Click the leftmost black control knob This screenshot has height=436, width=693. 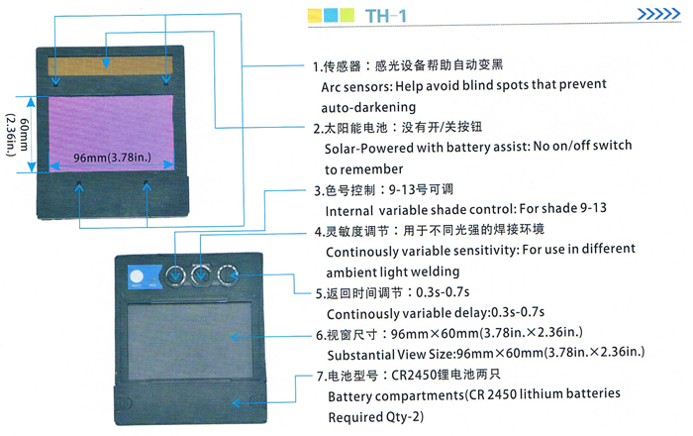point(176,276)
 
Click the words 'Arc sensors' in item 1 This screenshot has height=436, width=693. point(360,86)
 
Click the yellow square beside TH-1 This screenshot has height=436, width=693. point(316,16)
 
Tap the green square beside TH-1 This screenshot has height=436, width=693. point(332,16)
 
